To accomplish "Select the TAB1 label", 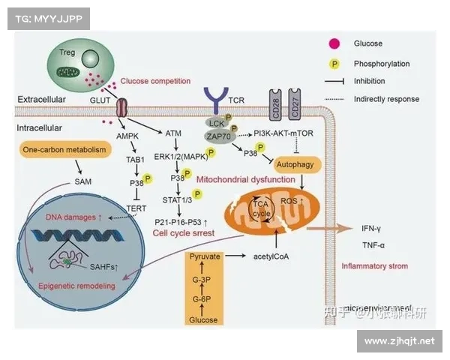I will (x=134, y=160).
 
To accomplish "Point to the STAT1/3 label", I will (x=178, y=199).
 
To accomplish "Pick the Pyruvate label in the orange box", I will (x=204, y=256).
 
